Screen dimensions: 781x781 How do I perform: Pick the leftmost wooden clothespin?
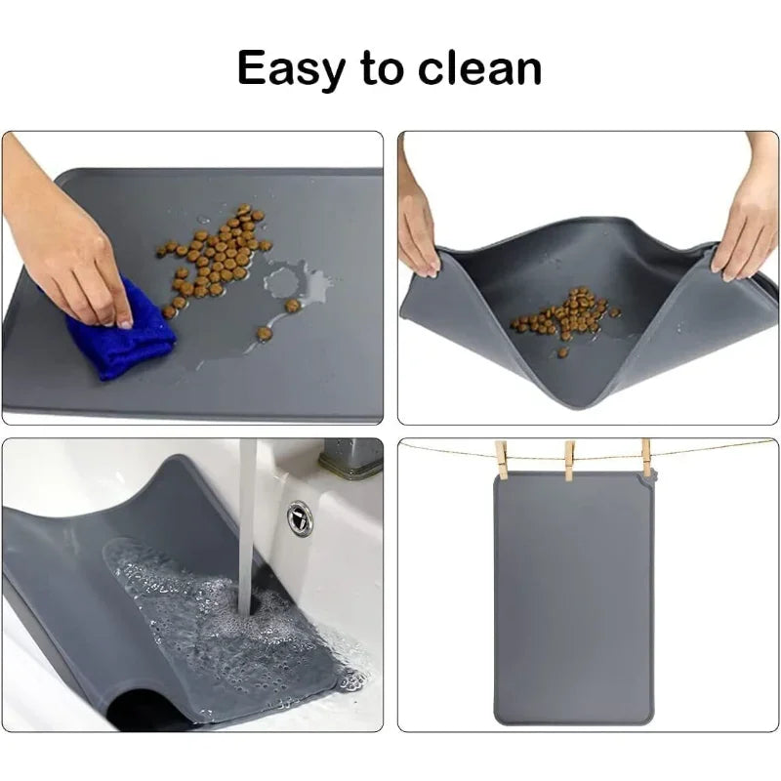coord(502,460)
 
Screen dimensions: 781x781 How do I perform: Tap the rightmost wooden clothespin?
coord(645,457)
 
